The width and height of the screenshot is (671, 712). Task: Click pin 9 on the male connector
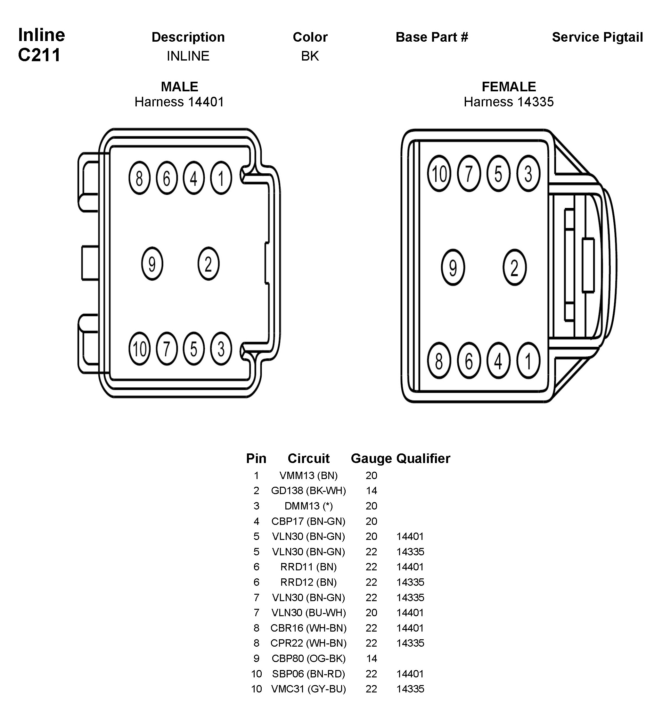[x=152, y=264]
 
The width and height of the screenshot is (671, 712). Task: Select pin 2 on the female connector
[x=514, y=267]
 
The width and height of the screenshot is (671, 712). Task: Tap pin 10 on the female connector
[x=439, y=174]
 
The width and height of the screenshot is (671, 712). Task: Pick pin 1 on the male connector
[x=221, y=178]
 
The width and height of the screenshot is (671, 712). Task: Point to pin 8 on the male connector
[x=139, y=178]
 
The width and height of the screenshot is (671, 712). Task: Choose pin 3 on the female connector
[x=528, y=174]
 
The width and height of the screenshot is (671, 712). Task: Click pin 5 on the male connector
[x=194, y=349]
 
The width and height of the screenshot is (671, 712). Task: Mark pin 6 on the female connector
[x=469, y=361]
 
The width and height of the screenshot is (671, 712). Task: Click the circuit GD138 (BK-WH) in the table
[x=308, y=490]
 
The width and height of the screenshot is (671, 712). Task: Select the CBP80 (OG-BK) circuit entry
[x=308, y=658]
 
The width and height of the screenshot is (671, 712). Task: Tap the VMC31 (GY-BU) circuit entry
[x=308, y=689]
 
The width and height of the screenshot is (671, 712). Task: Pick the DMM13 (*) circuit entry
[x=308, y=506]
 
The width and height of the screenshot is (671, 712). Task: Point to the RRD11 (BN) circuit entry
[x=308, y=567]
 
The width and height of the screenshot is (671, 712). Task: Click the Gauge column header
[x=371, y=459]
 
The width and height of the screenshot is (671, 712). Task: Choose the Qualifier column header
[x=423, y=459]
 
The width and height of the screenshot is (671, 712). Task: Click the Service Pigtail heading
[x=597, y=37]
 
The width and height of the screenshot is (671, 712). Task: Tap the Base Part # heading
[x=432, y=37]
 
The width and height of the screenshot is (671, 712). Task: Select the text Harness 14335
[x=508, y=102]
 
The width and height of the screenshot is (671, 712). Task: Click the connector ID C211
[x=39, y=55]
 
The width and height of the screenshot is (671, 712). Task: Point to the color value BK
[x=310, y=56]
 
